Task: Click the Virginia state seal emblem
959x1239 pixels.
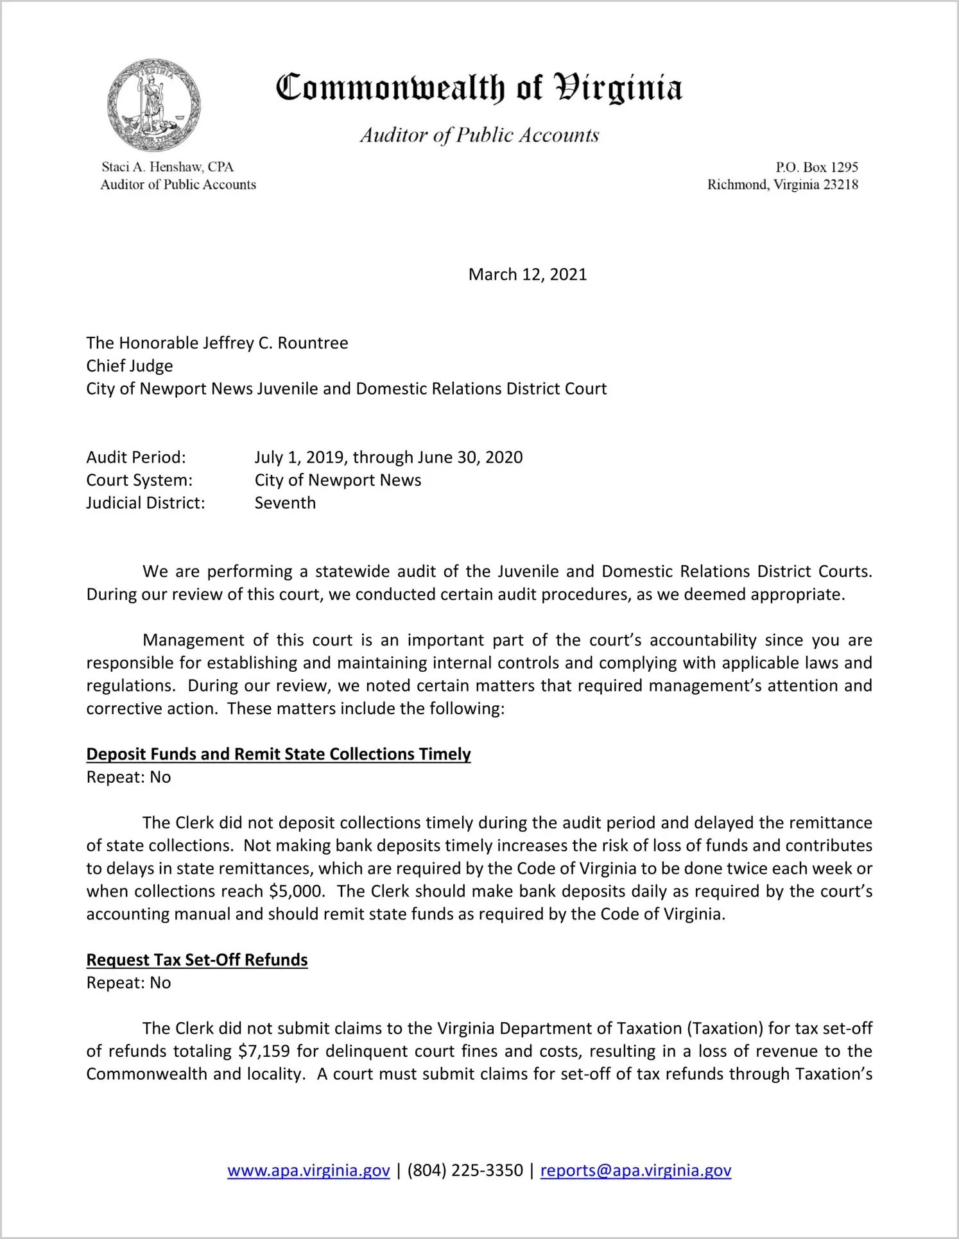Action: tap(154, 105)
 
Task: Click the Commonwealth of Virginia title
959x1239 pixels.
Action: tap(479, 89)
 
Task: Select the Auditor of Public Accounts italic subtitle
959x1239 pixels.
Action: tap(479, 135)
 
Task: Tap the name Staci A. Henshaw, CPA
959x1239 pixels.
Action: tap(168, 167)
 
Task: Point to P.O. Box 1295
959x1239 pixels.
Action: tap(816, 167)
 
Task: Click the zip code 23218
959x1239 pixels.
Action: tap(841, 185)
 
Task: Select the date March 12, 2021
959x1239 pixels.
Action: tap(528, 275)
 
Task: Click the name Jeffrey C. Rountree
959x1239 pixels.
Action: tap(275, 343)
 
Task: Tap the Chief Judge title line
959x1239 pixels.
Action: tap(130, 366)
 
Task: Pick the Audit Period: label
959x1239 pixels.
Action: tap(136, 457)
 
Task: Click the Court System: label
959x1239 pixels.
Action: tap(139, 481)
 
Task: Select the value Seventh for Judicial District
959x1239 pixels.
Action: tap(285, 503)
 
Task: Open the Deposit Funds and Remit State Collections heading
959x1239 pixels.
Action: tap(279, 755)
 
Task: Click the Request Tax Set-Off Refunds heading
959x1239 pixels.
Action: tap(197, 961)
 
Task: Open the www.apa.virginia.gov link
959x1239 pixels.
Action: tap(309, 1171)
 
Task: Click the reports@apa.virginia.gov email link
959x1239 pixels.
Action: tap(635, 1171)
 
